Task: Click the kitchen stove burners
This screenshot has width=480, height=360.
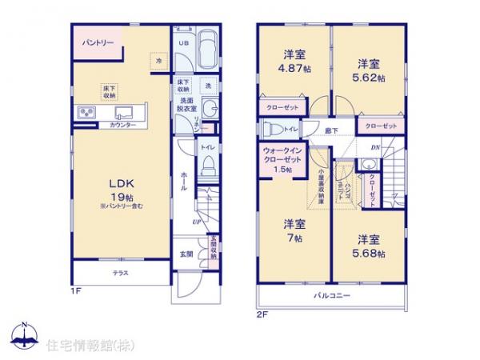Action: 85,112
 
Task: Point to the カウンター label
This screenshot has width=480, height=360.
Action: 118,126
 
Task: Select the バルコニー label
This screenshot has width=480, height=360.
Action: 330,296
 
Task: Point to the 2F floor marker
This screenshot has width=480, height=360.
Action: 261,314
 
